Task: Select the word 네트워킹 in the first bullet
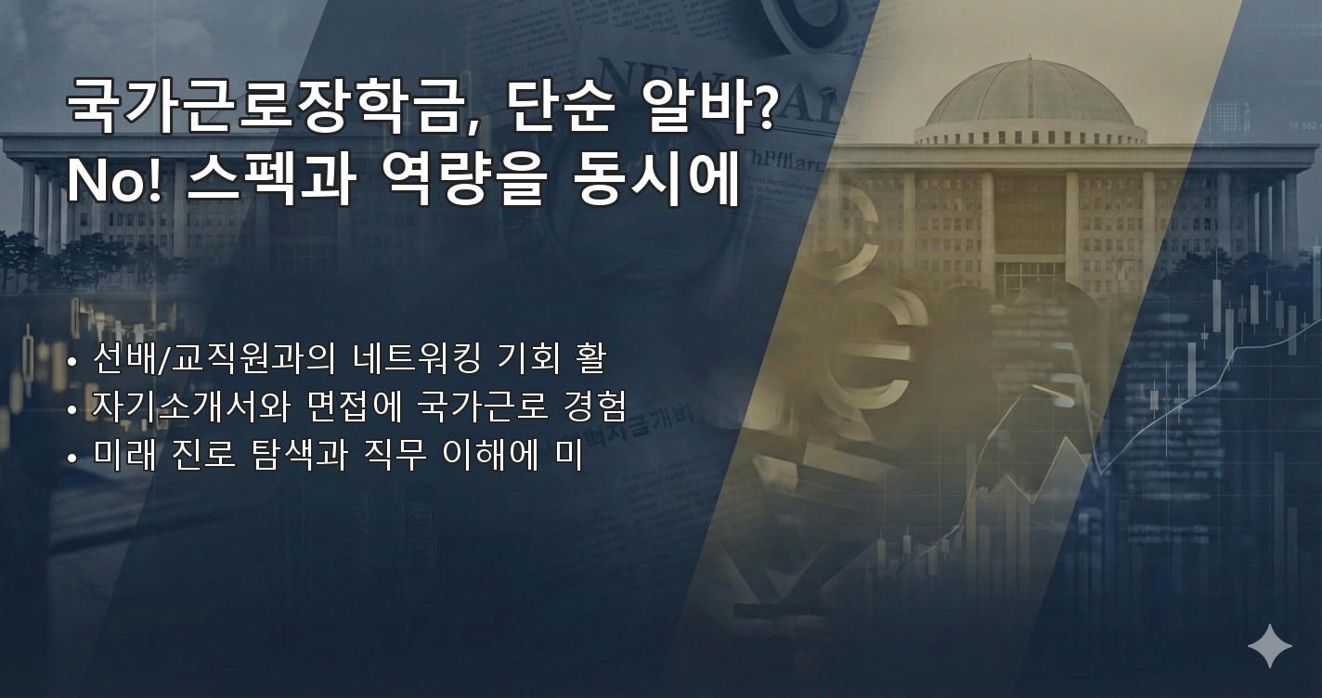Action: (x=417, y=357)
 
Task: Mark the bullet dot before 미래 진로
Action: (x=72, y=458)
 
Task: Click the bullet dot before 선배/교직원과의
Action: (x=72, y=359)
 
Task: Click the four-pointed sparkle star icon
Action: (x=1269, y=646)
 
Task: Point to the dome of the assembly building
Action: (x=1029, y=97)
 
